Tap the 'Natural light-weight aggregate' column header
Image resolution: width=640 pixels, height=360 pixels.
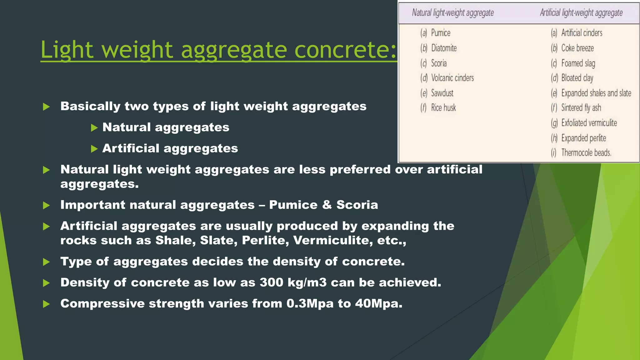click(453, 13)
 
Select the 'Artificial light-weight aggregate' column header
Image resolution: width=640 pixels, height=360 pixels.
click(581, 13)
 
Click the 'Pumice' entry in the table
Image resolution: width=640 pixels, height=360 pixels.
click(441, 33)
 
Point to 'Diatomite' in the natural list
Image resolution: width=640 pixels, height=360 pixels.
click(444, 48)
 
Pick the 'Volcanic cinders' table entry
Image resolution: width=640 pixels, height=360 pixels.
click(452, 78)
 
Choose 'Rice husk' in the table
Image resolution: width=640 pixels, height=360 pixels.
click(443, 108)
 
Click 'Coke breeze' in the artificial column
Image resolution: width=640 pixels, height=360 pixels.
click(577, 48)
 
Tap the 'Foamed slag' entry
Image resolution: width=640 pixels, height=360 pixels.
click(578, 63)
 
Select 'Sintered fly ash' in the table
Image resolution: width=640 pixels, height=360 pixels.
click(581, 108)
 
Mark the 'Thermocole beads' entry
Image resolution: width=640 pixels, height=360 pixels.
click(586, 153)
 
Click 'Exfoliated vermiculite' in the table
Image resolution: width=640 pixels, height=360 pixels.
click(589, 123)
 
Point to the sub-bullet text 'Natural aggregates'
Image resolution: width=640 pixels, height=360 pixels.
click(166, 127)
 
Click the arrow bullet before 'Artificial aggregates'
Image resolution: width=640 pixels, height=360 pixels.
click(94, 149)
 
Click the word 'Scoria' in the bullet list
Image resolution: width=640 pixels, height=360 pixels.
click(357, 205)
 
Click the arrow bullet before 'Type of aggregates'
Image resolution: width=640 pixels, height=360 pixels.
click(46, 262)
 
